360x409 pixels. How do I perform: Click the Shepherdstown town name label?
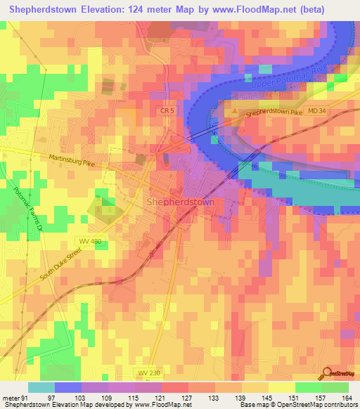pyautogui.click(x=181, y=202)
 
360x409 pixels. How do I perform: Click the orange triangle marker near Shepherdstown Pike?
pyautogui.click(x=235, y=110)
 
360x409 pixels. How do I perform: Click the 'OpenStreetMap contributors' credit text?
pyautogui.click(x=313, y=405)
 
